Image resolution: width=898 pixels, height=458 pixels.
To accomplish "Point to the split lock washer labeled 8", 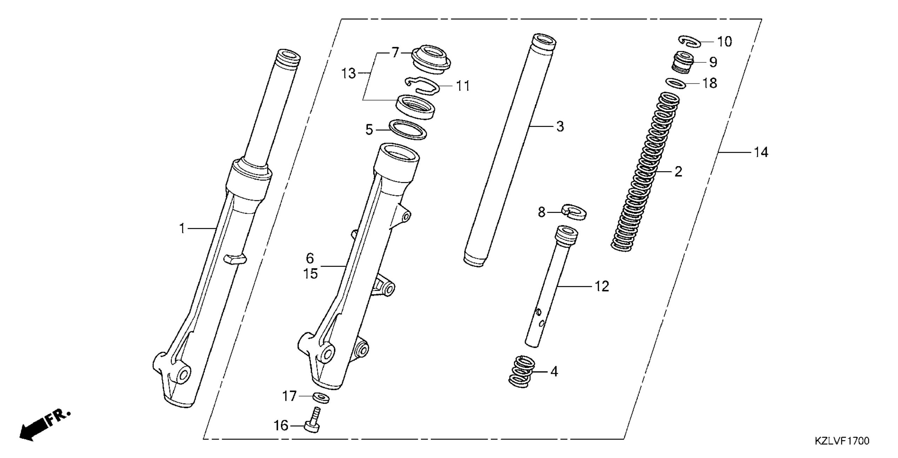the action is point(574,213).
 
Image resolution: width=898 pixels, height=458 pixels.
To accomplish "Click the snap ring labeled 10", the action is point(690,41).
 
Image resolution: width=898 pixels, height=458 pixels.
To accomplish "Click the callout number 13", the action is point(349,74).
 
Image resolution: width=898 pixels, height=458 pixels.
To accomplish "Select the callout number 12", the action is point(602,287).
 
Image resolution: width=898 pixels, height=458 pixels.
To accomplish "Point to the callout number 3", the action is point(560,127).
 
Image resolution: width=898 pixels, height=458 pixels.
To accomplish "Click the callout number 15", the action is point(310,274).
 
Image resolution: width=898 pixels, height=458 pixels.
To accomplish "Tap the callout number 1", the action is point(182,229).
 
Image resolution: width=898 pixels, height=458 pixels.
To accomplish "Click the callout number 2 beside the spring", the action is point(678,172).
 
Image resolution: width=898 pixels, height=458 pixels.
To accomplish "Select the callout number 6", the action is point(310,258).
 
